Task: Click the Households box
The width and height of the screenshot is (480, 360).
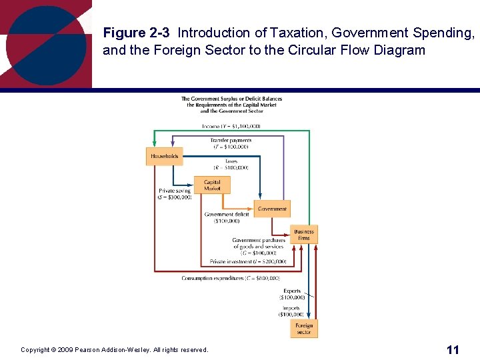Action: pos(164,157)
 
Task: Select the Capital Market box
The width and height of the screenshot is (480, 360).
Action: pos(212,185)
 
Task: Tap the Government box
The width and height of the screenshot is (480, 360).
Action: pos(272,209)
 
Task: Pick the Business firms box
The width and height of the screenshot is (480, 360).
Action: pos(303,235)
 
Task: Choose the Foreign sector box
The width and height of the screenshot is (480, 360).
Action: pos(303,329)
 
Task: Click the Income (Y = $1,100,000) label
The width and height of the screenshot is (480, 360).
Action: pos(231,126)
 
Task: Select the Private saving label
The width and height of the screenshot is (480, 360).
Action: pos(175,194)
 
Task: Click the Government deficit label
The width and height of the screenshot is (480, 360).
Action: pos(227,217)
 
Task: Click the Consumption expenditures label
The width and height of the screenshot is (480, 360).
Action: pos(231,278)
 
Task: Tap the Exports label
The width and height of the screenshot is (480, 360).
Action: pos(292,294)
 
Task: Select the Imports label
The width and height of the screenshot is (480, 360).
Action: pos(291,311)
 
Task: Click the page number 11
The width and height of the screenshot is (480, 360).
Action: pos(453,349)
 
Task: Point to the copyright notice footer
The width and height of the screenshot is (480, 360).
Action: pos(114,350)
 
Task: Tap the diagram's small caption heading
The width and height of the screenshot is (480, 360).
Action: pos(231,105)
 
